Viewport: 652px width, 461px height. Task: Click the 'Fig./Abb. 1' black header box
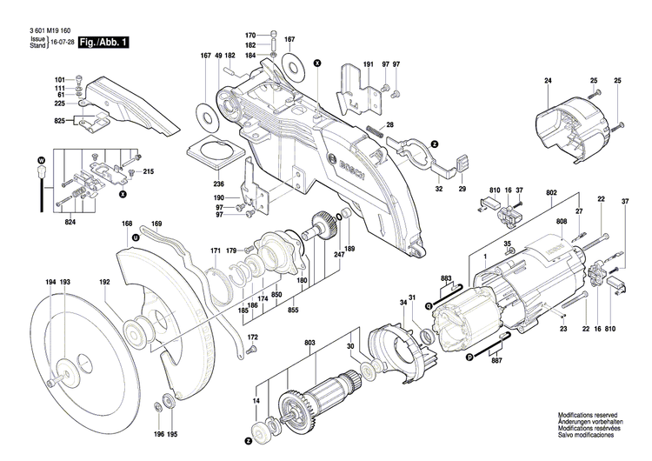click(x=102, y=43)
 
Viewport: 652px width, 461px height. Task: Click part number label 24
click(x=549, y=81)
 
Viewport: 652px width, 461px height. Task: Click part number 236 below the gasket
click(x=219, y=184)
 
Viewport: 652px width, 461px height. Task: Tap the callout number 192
click(x=104, y=283)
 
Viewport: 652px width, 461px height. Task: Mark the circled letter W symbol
click(x=40, y=161)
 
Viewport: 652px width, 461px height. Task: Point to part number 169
click(x=156, y=224)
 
